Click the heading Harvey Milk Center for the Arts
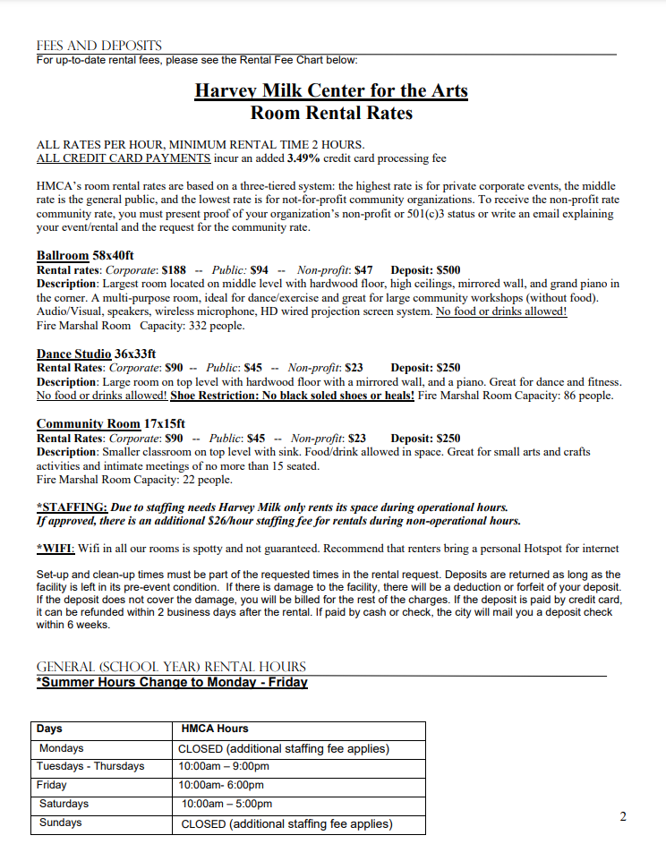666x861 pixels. coord(331,90)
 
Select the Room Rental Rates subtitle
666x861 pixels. coord(331,113)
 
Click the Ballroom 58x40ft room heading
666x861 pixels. coord(85,255)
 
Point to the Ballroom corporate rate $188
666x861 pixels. coord(174,269)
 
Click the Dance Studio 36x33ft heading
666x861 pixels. coord(96,353)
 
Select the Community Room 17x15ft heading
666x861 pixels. coord(111,423)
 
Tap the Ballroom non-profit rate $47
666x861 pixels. coord(363,269)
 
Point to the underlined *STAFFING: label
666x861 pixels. coord(73,507)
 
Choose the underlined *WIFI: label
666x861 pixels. coord(56,548)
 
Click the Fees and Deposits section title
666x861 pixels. coord(98,46)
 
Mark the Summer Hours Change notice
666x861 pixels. coord(172,683)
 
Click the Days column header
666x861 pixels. coord(51,729)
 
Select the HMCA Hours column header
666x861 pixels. coord(215,729)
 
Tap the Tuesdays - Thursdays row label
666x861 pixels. coord(90,766)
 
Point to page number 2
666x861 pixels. coord(623,816)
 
